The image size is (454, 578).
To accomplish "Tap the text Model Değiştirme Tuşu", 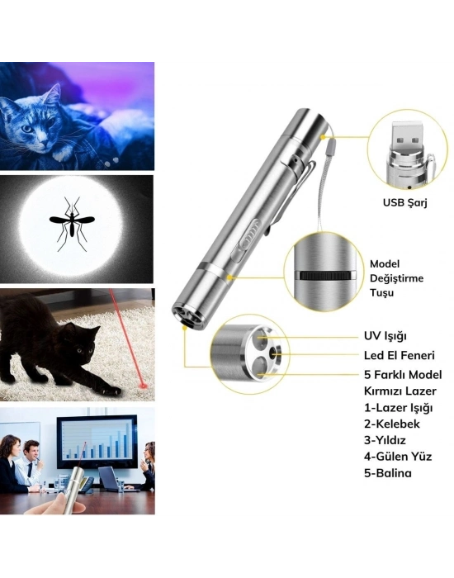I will tap(396, 278).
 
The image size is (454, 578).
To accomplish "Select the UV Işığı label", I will tap(385, 336).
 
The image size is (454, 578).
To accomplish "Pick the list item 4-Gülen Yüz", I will tap(398, 457).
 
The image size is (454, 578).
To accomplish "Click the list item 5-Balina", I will tap(387, 473).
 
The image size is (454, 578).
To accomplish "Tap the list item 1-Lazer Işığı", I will tap(398, 409).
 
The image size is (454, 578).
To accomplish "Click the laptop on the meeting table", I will tap(111, 478).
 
